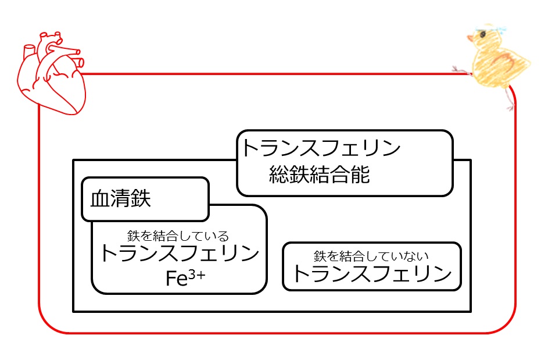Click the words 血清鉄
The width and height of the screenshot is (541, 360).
coord(121,199)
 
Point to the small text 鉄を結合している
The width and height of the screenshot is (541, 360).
coord(178,236)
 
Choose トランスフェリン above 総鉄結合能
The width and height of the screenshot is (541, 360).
coord(321,149)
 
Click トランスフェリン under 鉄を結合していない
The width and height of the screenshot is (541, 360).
coord(372,273)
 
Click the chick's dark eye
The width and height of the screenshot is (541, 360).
coord(481,35)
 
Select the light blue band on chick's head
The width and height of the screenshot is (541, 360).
coord(491,27)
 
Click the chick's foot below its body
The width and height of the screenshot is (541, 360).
coord(510,105)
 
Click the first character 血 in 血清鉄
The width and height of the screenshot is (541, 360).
coord(101,199)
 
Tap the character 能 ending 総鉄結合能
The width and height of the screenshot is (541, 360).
coord(360,175)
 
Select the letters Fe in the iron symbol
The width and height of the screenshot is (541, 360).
coord(176,279)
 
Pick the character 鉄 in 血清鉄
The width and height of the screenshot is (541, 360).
coord(141,199)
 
